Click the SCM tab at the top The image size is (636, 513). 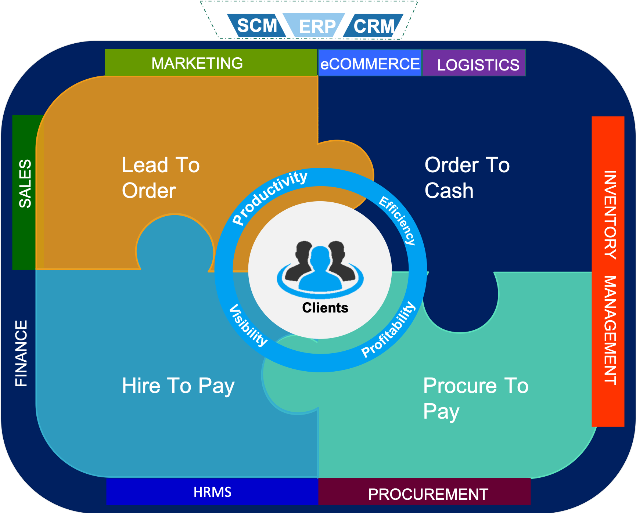point(257,26)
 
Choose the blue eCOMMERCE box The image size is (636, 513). point(370,64)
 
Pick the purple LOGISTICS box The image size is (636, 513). point(478,65)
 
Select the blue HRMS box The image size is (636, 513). point(212,492)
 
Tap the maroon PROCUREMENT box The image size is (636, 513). point(428,494)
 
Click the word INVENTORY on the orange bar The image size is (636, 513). point(610,215)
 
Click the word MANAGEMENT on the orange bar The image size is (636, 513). point(610,330)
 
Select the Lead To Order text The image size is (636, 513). point(161,178)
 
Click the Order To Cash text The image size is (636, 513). point(467,178)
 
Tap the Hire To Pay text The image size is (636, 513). point(178,386)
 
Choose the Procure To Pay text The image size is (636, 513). point(475,398)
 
